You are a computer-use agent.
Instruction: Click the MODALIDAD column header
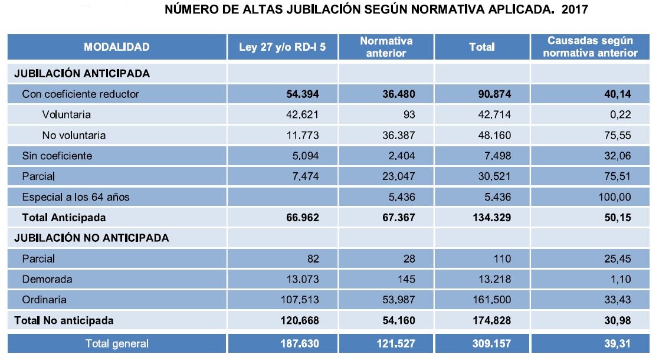116,47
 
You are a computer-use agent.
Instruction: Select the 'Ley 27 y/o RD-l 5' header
282,47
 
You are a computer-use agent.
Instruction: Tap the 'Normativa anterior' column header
386,47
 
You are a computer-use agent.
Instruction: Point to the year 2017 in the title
576,10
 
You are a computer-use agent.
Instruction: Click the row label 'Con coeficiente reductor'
80,94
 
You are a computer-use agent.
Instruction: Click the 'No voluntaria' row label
74,135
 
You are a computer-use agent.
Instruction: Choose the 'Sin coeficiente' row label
57,156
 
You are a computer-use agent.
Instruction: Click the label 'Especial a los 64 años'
76,197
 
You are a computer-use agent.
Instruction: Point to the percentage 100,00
614,197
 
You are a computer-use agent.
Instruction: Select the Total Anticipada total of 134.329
490,218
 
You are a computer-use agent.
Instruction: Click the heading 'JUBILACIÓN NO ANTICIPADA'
91,238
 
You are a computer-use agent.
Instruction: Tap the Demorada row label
47,279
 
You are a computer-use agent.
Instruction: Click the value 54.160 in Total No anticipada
396,321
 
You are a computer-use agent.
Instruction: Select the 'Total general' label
117,343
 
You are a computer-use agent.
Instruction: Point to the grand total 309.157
490,343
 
